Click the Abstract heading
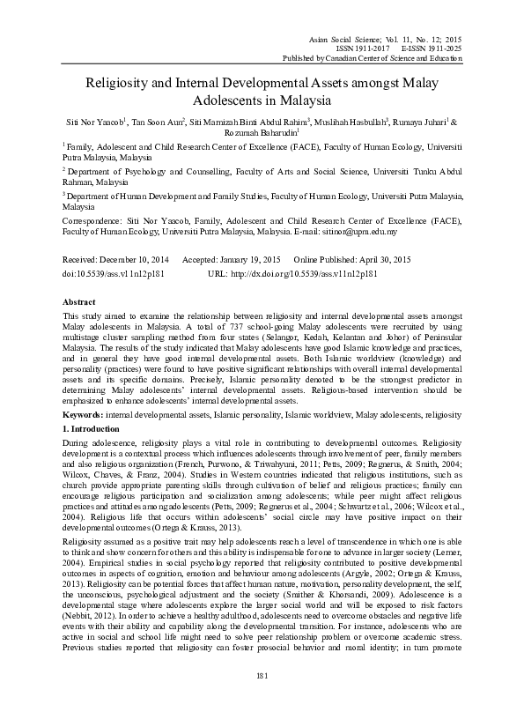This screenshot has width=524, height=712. pyautogui.click(x=80, y=301)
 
